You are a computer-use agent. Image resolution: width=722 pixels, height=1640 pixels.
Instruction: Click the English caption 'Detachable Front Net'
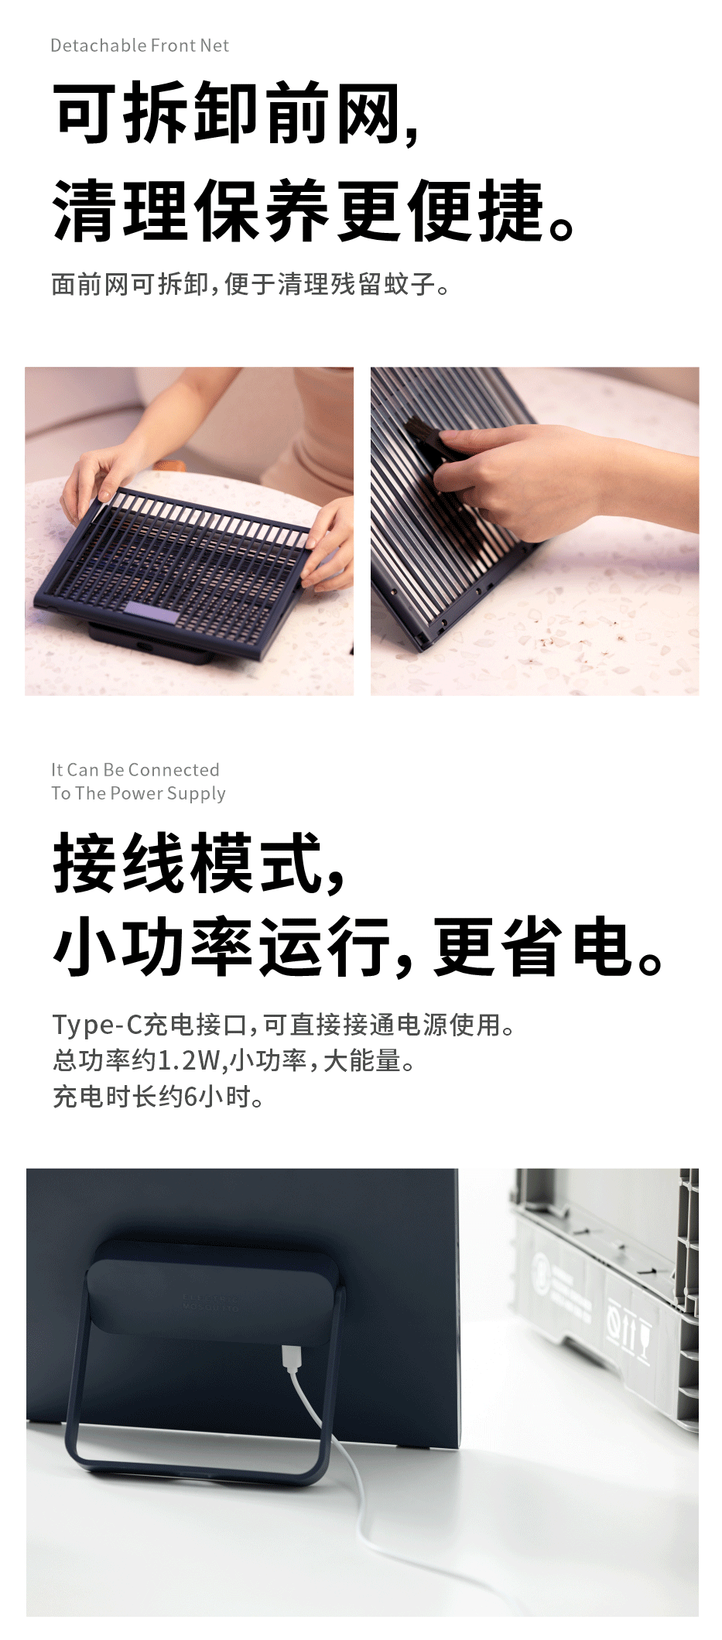pyautogui.click(x=139, y=46)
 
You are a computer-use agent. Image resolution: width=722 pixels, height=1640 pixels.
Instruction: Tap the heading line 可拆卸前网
pyautogui.click(x=237, y=113)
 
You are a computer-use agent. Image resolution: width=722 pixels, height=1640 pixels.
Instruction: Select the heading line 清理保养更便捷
pyautogui.click(x=313, y=211)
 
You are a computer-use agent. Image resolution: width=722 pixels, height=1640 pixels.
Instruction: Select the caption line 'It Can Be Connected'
pyautogui.click(x=135, y=769)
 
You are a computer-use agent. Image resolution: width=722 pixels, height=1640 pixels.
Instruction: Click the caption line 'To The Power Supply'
pyautogui.click(x=139, y=793)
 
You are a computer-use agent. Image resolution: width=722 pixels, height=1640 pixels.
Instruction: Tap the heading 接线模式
pyautogui.click(x=198, y=864)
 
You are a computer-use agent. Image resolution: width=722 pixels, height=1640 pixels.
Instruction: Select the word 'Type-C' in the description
pyautogui.click(x=98, y=1025)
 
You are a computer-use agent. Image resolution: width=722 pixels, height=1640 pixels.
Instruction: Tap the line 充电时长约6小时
pyautogui.click(x=158, y=1096)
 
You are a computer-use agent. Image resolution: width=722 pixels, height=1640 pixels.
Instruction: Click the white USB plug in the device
pyautogui.click(x=292, y=1358)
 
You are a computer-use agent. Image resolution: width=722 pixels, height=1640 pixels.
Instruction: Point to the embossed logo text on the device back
pyautogui.click(x=210, y=1302)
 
